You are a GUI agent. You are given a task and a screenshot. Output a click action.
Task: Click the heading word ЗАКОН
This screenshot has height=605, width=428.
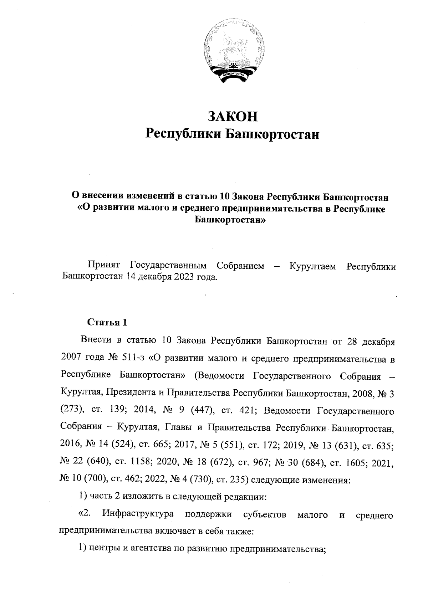click(233, 117)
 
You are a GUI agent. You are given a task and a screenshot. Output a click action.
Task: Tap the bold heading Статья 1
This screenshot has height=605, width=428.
click(107, 323)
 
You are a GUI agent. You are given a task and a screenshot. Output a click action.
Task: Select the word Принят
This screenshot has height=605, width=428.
click(104, 266)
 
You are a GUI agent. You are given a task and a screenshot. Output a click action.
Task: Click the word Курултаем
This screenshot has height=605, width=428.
click(312, 266)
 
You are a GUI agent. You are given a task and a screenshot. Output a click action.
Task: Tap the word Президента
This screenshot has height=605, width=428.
click(130, 393)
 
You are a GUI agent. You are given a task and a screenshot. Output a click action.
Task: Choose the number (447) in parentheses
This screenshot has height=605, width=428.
click(202, 410)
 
